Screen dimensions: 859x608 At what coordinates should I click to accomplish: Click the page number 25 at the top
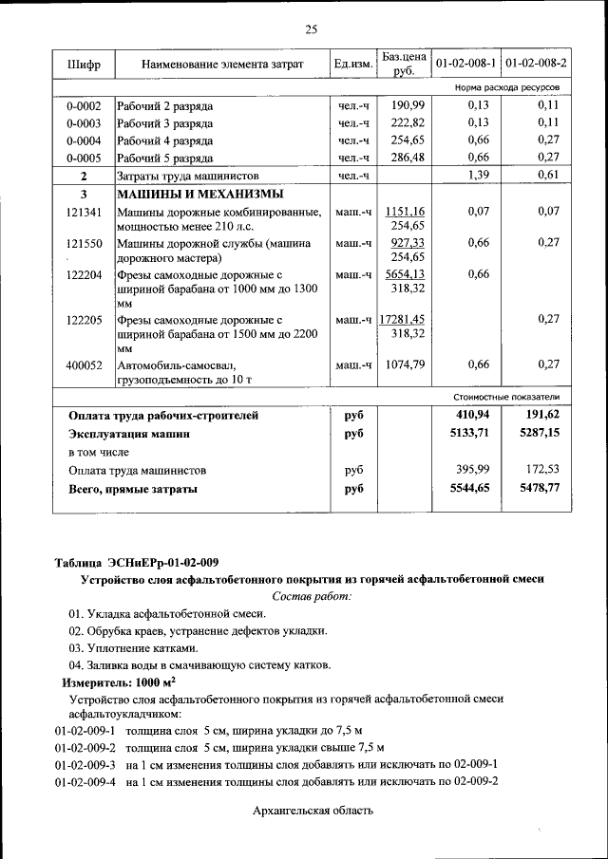pos(310,29)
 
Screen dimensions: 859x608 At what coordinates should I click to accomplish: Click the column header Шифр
pos(84,64)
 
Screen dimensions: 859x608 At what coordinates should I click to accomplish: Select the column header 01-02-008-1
pos(465,64)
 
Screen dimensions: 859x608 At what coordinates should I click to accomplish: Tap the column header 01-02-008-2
pos(536,64)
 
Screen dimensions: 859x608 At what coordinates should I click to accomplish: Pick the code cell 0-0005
pos(84,158)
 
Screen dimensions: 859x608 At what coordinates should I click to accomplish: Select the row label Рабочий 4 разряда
pos(164,140)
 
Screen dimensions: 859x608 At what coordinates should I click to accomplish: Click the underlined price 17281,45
pos(401,319)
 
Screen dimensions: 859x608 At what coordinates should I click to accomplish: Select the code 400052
pos(84,364)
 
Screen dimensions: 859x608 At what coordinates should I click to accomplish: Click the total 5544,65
pos(469,489)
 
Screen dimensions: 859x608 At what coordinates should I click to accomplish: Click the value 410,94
pos(472,415)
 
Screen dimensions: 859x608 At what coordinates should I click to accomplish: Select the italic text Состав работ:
pos(311,596)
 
